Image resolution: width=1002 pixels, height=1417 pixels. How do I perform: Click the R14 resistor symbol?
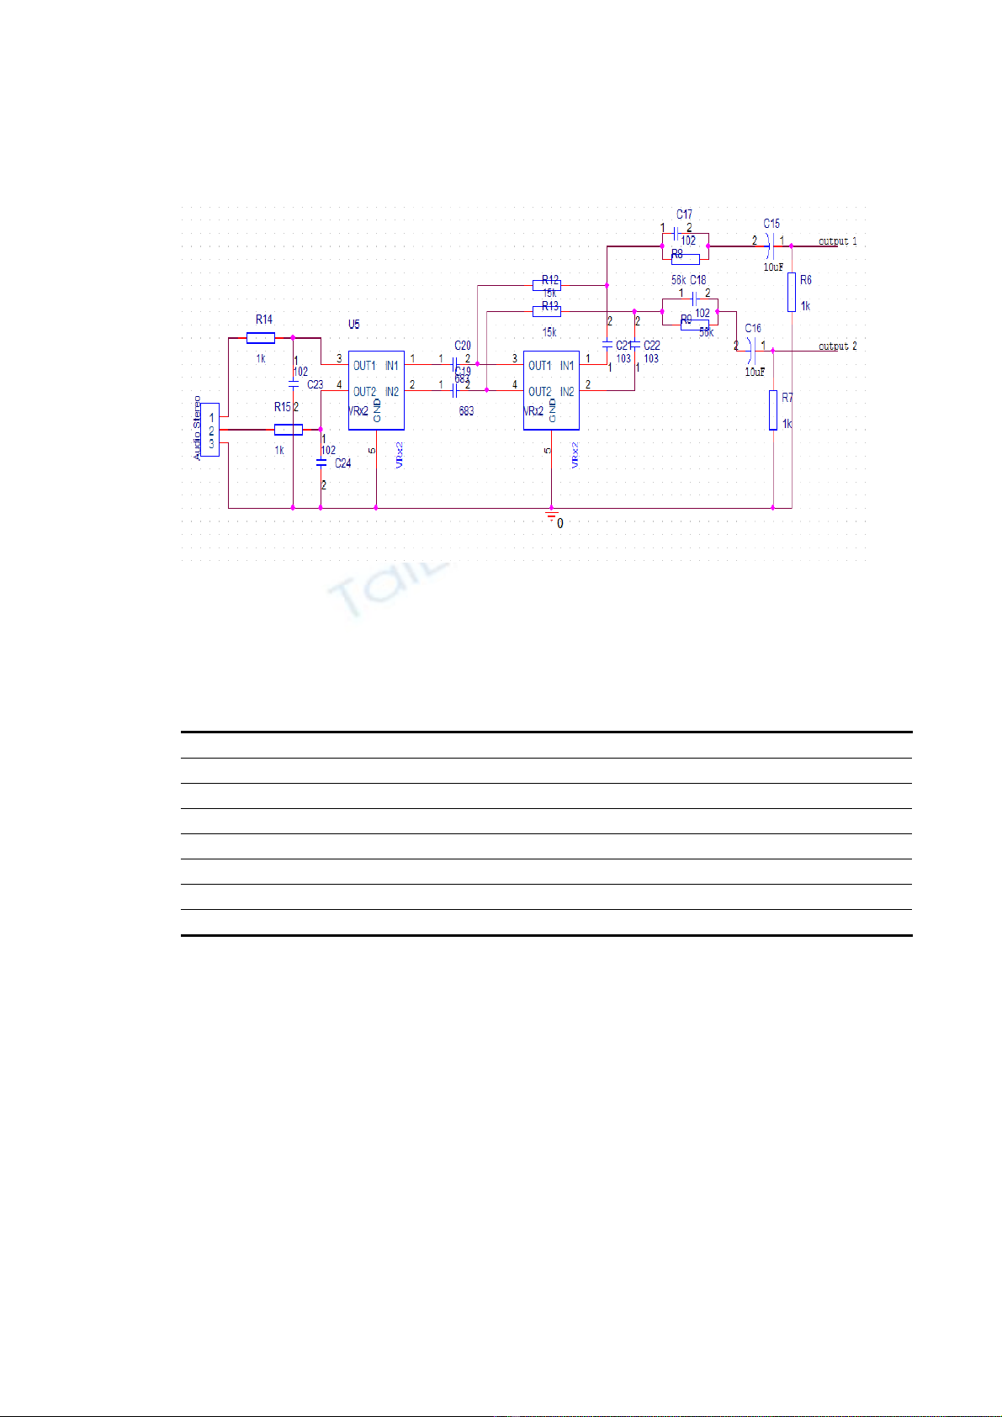point(261,338)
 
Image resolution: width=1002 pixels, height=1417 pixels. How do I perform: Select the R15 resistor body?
point(289,430)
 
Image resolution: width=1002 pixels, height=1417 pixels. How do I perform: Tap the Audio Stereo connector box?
point(210,430)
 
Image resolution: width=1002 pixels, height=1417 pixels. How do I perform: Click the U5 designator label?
point(354,325)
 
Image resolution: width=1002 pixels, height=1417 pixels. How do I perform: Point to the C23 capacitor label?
point(315,384)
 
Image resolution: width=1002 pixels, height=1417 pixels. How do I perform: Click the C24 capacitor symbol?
point(321,462)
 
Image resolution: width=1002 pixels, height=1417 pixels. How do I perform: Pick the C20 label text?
point(463,346)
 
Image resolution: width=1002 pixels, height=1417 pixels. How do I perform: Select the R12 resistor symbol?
point(547,285)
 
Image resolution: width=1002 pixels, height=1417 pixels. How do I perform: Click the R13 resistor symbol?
point(547,311)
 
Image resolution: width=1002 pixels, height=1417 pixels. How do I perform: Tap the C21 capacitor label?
point(623,346)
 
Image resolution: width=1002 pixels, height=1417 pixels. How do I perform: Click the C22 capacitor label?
point(652,346)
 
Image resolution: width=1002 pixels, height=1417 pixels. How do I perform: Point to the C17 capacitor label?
point(684,215)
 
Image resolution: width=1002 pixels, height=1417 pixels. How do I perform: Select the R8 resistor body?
point(686,258)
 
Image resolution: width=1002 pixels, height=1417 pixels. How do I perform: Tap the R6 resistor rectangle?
point(792,292)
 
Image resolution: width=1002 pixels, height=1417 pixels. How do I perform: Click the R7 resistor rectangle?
point(773,410)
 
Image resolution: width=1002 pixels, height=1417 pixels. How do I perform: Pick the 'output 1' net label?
point(837,241)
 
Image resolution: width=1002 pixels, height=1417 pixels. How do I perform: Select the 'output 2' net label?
point(837,346)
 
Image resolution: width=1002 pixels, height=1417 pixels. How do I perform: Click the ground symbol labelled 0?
point(552,516)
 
